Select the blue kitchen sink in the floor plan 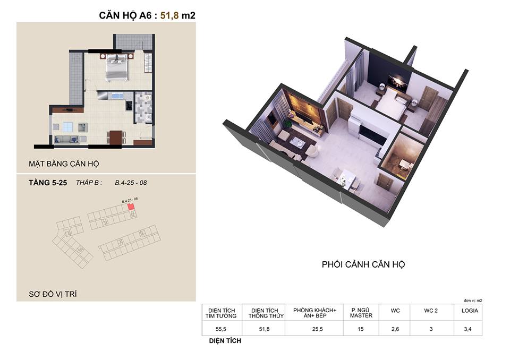(x=115, y=96)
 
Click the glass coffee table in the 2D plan (x=68, y=127)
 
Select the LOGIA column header (x=470, y=311)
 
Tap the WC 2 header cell (x=431, y=311)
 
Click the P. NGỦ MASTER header (x=361, y=313)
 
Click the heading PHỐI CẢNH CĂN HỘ (x=363, y=264)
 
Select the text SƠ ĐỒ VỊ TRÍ (x=53, y=293)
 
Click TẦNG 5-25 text (x=47, y=183)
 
